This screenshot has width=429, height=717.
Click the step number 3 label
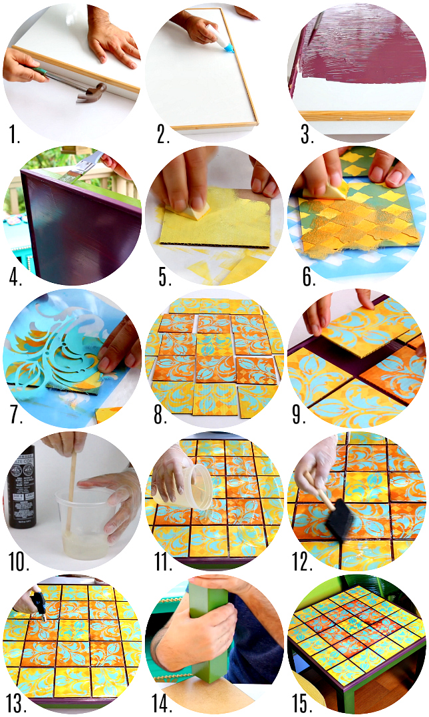coord(307,134)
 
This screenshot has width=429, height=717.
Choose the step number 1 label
coord(14,134)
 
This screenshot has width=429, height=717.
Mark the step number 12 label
coord(303,561)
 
